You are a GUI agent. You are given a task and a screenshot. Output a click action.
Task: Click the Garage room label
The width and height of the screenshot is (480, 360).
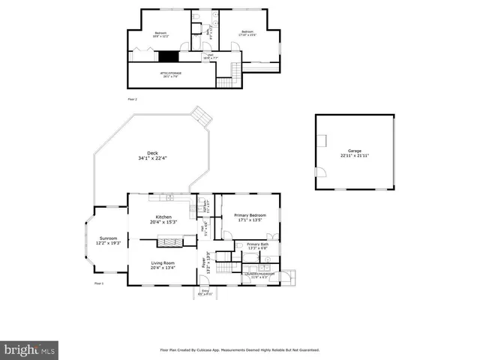(x=354, y=153)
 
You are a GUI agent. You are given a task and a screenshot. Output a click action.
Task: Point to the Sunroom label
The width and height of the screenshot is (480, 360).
(x=109, y=241)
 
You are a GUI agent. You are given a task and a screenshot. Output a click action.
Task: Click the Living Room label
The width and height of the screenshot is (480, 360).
(x=163, y=264)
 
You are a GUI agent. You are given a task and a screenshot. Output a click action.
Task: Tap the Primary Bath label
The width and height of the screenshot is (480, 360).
(x=257, y=246)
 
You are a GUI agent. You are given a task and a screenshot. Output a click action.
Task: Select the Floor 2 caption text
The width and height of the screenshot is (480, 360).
(x=132, y=98)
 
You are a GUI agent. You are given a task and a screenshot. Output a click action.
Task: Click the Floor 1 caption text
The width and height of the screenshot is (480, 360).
(x=98, y=283)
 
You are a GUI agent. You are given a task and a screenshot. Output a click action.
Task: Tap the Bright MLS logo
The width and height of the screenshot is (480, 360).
(x=30, y=349)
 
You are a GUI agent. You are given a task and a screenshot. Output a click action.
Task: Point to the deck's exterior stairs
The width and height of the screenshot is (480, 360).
(x=201, y=115)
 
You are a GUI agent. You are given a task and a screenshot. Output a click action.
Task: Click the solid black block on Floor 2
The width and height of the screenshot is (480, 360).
(x=170, y=56)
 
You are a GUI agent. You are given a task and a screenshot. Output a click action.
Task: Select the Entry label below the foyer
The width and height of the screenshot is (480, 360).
(x=205, y=292)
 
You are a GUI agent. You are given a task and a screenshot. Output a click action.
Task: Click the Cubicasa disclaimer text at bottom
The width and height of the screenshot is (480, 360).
(x=240, y=349)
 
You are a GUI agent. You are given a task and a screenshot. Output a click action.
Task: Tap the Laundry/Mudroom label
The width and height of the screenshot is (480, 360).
(x=259, y=275)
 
